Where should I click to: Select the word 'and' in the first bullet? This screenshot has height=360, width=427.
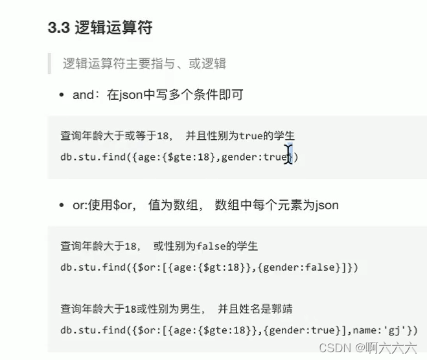[83, 95]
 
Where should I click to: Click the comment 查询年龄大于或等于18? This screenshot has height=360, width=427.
[115, 135]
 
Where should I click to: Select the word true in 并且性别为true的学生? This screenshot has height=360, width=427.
[250, 135]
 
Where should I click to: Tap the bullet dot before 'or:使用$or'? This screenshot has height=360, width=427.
[62, 205]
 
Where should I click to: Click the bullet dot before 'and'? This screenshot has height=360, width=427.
[62, 95]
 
